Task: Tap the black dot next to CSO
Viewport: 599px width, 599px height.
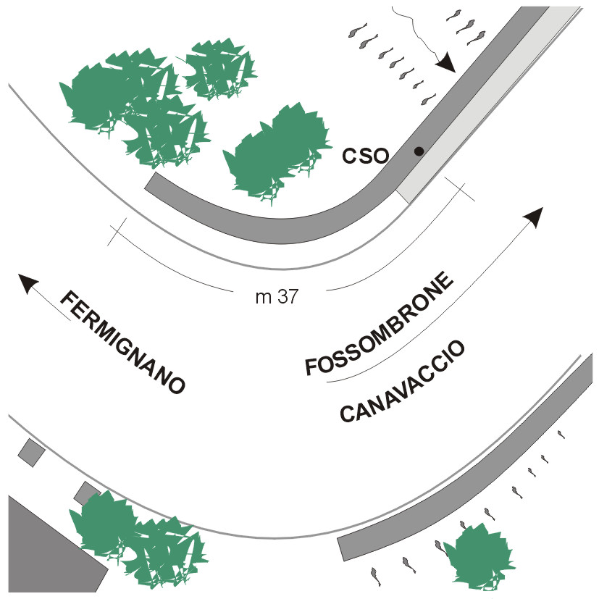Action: (x=419, y=151)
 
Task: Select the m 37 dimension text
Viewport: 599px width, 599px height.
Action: (x=277, y=297)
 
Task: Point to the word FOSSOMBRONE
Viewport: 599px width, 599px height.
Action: (x=380, y=324)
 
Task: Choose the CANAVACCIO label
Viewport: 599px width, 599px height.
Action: (x=403, y=382)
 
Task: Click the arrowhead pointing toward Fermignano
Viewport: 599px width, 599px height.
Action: (x=28, y=283)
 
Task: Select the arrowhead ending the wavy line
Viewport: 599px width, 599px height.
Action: (x=445, y=64)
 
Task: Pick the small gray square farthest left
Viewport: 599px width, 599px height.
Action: (x=31, y=452)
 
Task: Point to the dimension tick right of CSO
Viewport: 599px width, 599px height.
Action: (x=461, y=189)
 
